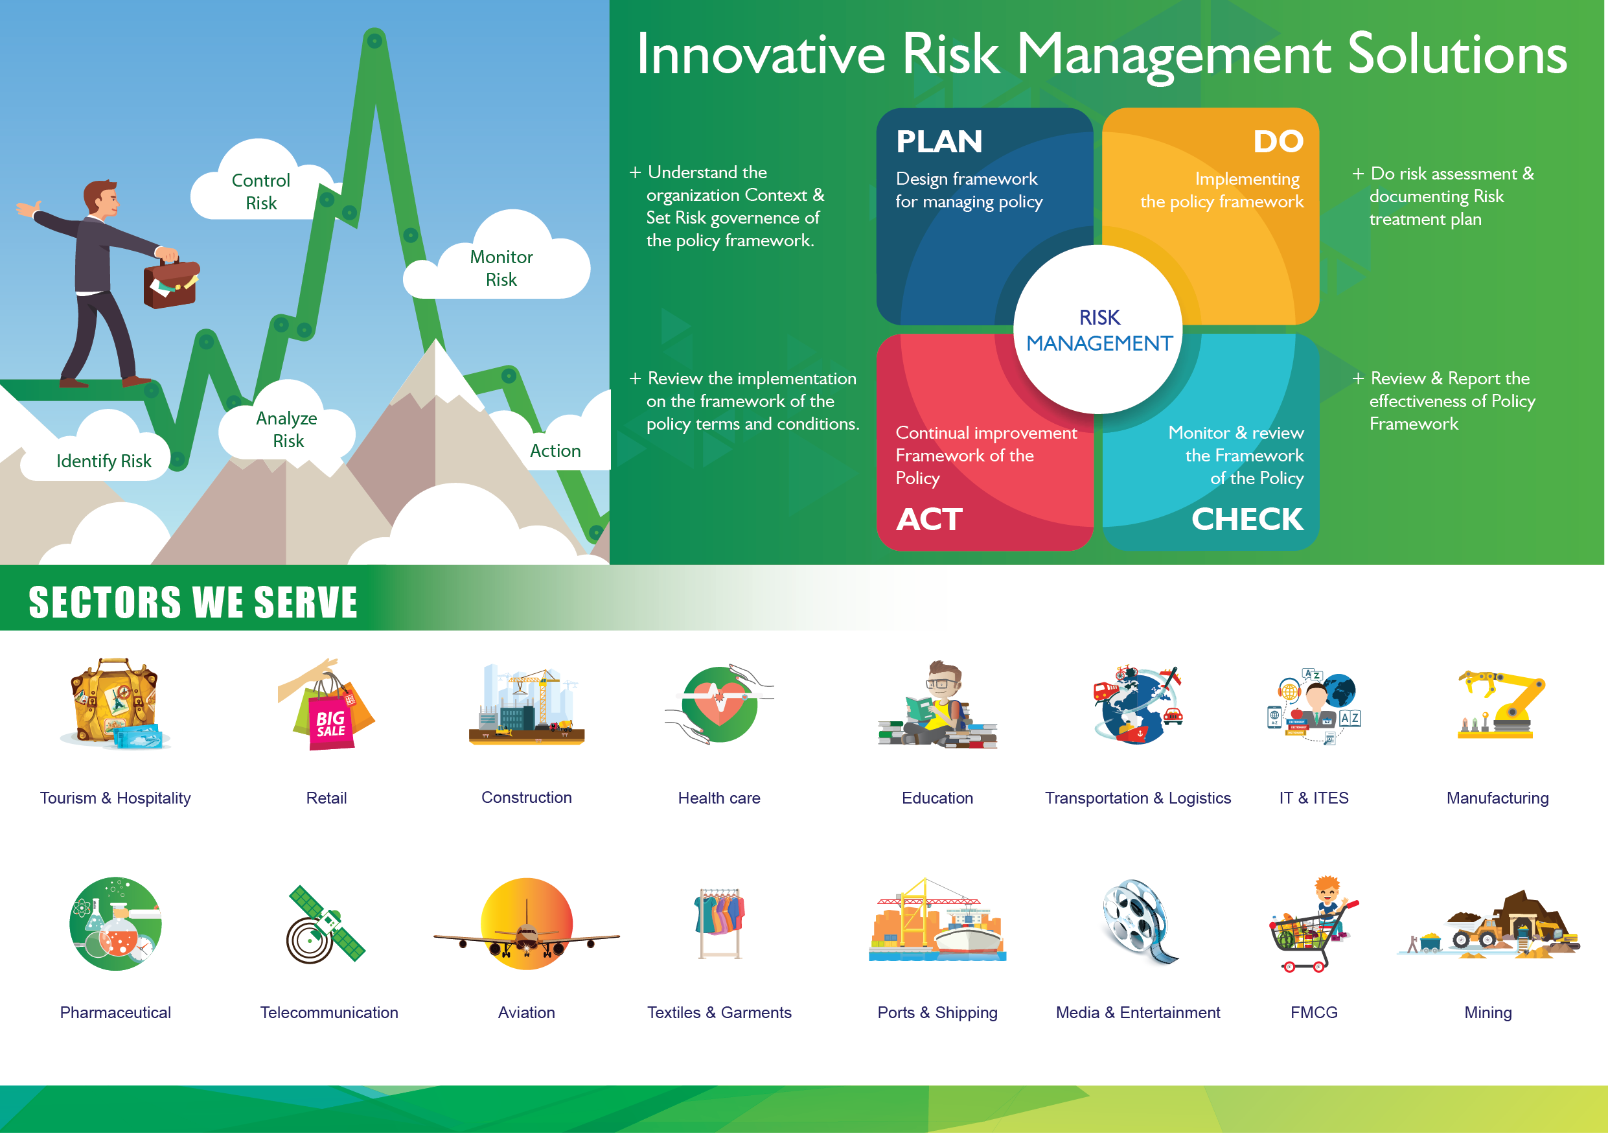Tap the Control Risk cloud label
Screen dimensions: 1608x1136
260,192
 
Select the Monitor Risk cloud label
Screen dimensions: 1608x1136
501,268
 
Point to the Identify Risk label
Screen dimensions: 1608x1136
104,461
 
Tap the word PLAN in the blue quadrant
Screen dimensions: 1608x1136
939,142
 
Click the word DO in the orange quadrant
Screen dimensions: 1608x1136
1278,142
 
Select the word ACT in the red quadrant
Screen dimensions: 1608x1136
930,520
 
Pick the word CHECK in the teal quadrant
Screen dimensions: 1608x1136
1247,520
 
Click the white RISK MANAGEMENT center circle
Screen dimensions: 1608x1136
1098,329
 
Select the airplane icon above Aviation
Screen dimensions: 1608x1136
527,925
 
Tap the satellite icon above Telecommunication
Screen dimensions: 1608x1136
326,925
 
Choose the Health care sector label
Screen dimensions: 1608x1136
719,798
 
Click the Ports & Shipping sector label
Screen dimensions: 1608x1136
937,1014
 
